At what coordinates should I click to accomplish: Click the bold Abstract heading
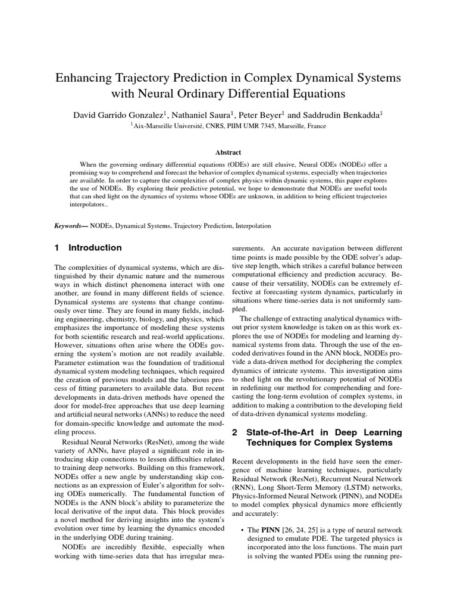228,152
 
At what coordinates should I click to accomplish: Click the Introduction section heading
95,248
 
